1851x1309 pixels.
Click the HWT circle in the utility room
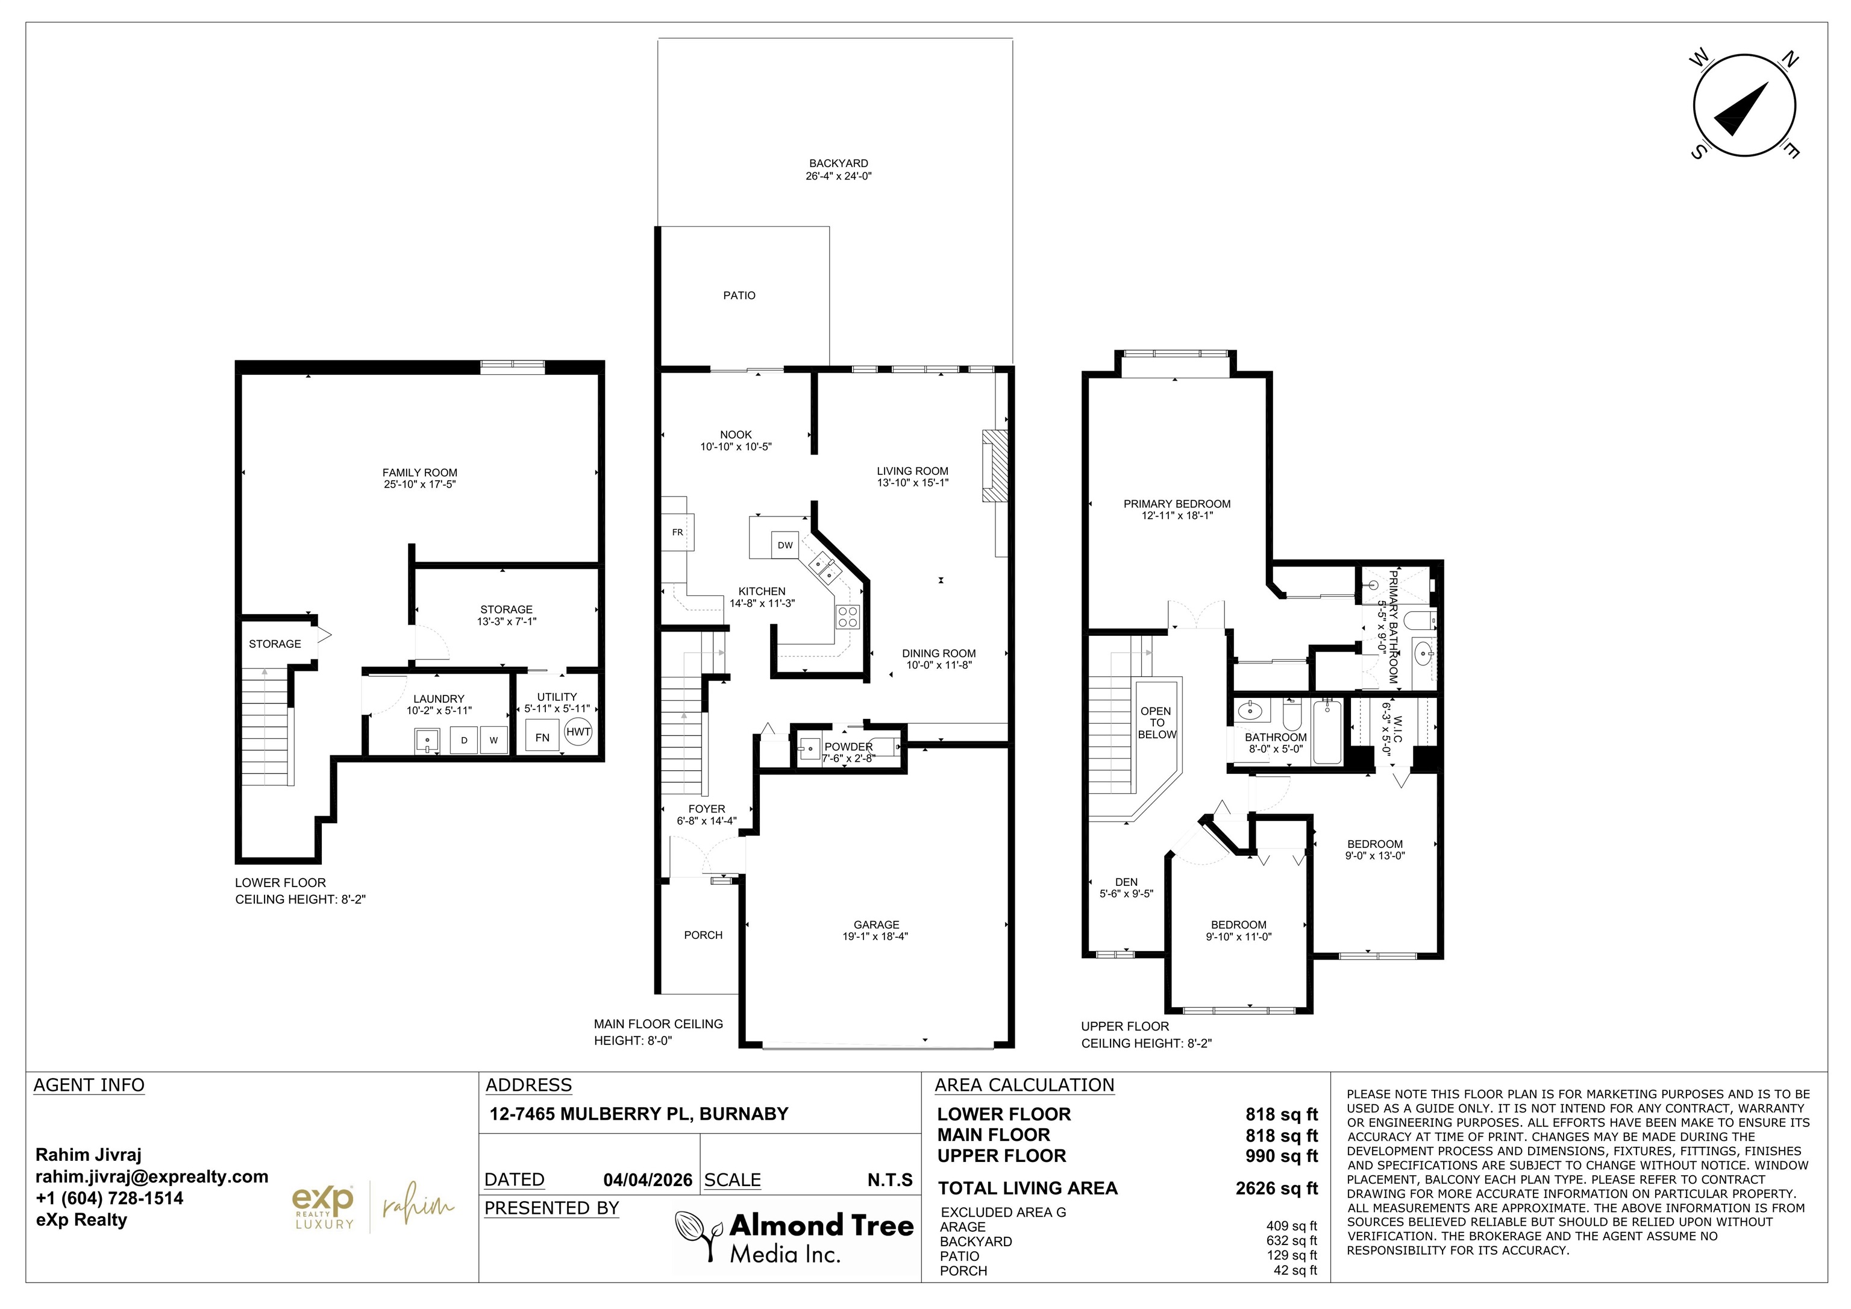point(578,732)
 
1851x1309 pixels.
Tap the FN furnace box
point(542,737)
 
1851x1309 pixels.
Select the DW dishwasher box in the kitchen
point(785,545)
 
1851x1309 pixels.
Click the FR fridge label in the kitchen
point(677,532)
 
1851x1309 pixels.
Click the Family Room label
point(419,472)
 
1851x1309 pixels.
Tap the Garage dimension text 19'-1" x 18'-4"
point(876,937)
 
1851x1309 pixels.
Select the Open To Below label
point(1156,723)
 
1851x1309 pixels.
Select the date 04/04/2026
point(647,1180)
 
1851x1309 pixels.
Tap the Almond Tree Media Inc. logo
point(794,1237)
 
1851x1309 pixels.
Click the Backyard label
point(838,163)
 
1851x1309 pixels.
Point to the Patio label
point(739,295)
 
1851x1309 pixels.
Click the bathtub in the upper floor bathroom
point(1326,732)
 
